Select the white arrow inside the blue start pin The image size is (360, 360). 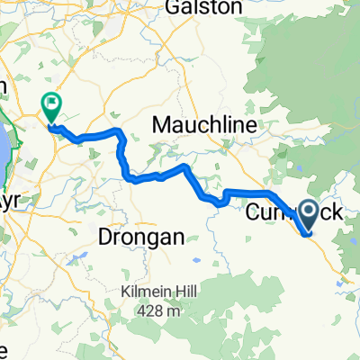308,213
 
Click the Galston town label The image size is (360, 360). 203,8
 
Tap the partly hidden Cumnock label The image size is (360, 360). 280,213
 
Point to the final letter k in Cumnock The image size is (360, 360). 335,213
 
